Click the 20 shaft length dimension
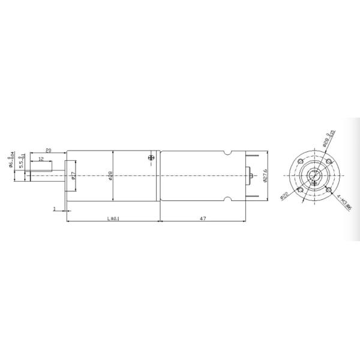tap(49, 149)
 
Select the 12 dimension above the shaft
tap(40, 159)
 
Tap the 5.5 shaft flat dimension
tap(22, 164)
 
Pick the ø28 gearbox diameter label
tap(111, 175)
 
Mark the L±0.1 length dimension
tap(113, 218)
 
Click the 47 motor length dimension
tap(203, 218)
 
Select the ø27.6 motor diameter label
tap(265, 176)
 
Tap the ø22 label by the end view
tap(284, 195)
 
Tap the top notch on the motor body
tap(229, 154)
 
